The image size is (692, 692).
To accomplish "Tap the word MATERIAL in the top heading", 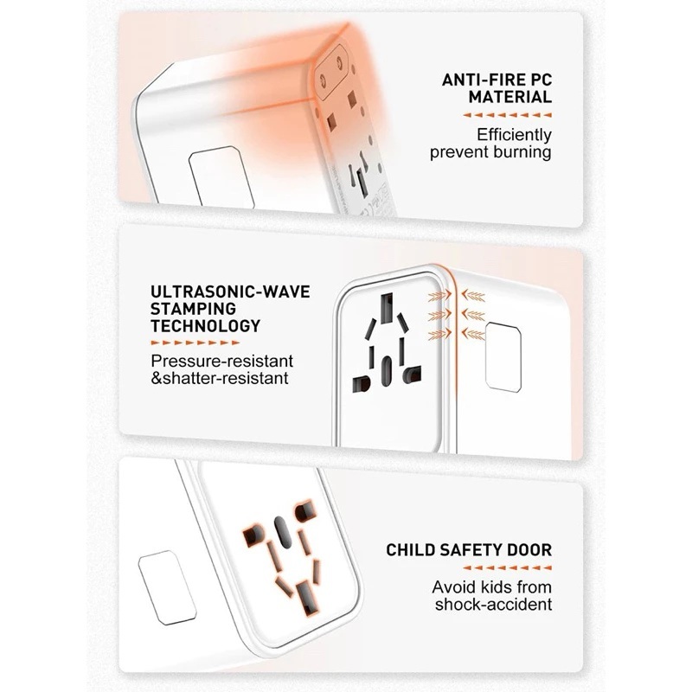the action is [510, 97].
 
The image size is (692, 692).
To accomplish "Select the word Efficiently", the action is [514, 135].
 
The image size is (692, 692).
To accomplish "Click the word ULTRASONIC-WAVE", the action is [230, 292].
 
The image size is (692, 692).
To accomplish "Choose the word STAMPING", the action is [193, 309].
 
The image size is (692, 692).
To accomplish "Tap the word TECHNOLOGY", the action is [206, 326].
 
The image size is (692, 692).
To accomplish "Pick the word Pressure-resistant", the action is [222, 361].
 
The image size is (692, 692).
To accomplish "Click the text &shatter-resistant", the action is [220, 378].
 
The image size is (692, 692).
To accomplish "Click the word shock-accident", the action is [493, 604].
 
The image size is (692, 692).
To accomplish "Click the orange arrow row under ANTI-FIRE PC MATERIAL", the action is [508, 115].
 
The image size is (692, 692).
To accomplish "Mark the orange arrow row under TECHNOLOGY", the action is [195, 343].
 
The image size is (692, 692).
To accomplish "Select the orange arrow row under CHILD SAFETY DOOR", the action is [508, 568].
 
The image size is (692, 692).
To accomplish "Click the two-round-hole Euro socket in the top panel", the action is [330, 71].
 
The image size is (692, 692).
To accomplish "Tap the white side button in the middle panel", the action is [503, 356].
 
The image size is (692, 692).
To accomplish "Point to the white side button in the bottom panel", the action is [167, 587].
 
